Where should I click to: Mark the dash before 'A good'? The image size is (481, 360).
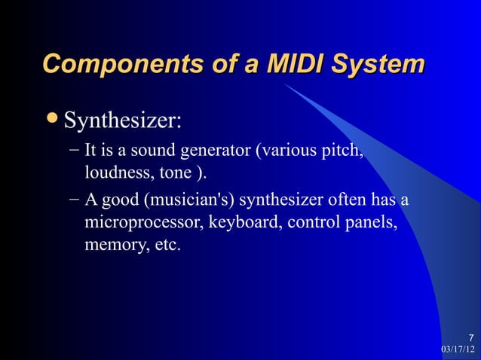pyautogui.click(x=72, y=201)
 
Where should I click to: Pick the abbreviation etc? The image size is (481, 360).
pyautogui.click(x=164, y=246)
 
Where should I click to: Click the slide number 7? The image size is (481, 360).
pyautogui.click(x=470, y=337)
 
